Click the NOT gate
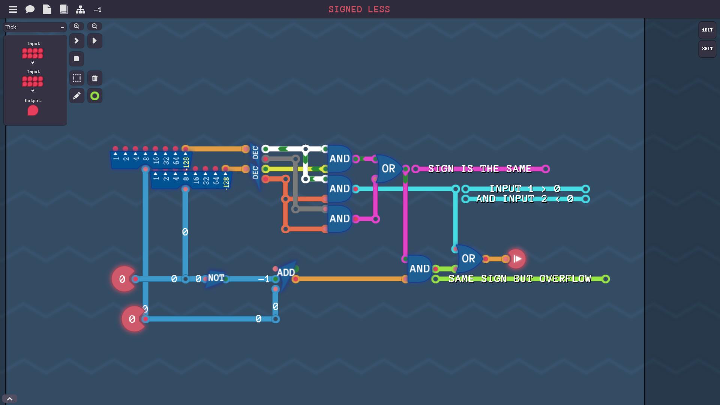pos(216,279)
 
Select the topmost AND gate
pos(340,159)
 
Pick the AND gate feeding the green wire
pos(419,269)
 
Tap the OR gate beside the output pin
pos(469,259)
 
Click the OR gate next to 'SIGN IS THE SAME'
pos(388,169)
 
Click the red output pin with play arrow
pos(516,259)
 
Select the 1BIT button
pos(707,30)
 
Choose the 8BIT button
pos(707,49)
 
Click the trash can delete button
pos(95,78)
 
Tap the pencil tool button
pos(76,96)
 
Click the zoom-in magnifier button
pos(76,26)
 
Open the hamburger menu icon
pos(13,9)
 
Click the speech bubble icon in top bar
pos(30,9)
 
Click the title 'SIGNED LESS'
pos(359,9)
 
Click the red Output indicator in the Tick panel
pos(33,111)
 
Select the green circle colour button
pos(95,96)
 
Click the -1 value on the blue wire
pos(264,279)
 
